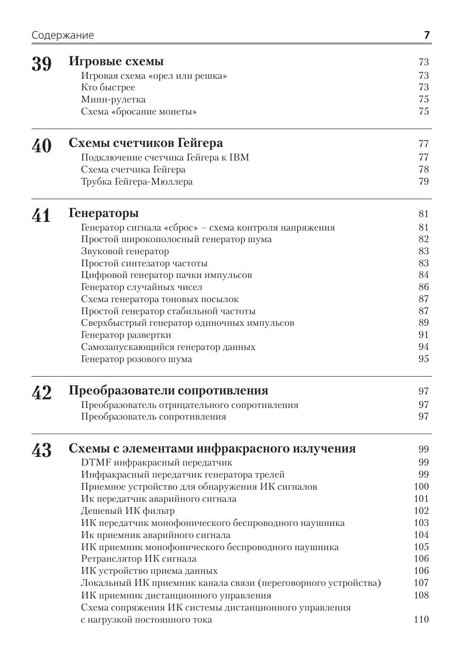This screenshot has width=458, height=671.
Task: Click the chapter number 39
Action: pos(42,64)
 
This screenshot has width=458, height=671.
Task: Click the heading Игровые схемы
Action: pos(116,61)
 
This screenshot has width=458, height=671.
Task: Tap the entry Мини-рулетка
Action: pos(113,100)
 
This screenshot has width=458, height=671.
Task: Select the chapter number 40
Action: pos(42,146)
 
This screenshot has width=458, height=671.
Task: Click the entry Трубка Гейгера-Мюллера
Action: pos(137,182)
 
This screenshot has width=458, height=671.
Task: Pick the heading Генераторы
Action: pos(104,213)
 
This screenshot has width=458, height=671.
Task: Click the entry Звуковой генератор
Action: pos(125,251)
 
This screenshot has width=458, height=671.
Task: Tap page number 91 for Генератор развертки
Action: pos(424,335)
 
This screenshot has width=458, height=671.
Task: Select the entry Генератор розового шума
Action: pos(137,359)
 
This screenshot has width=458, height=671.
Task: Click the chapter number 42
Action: pos(42,393)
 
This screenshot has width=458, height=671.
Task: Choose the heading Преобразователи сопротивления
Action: pos(168,391)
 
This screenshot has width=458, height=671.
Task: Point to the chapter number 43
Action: pos(42,451)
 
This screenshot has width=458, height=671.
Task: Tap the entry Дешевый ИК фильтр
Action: pos(128,511)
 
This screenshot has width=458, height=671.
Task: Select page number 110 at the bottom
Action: pos(421,620)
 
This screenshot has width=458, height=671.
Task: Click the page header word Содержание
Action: pos(63,35)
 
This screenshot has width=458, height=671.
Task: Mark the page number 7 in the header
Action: pos(427,35)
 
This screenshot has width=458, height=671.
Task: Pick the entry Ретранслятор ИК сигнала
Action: pos(138,559)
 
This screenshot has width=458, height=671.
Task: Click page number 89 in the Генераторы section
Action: pos(424,323)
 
